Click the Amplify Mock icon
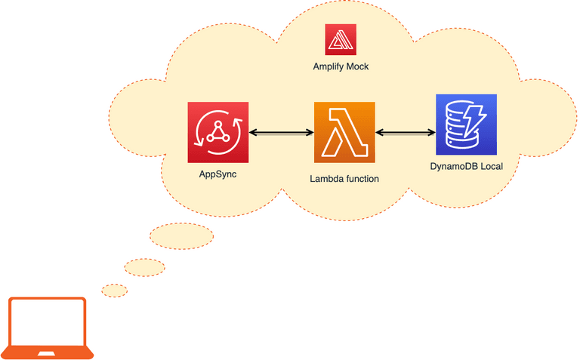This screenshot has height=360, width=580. coord(341,39)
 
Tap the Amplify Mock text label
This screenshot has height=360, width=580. coord(341,67)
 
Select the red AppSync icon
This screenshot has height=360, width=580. coord(218,132)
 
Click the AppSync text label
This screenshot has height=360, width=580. coord(218,174)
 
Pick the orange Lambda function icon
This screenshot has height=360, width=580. coord(344,132)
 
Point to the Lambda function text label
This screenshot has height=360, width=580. coord(344,180)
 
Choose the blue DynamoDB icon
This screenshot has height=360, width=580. coord(466,125)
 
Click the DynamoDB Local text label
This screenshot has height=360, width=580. coord(466,166)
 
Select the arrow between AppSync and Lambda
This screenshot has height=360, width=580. coord(281,133)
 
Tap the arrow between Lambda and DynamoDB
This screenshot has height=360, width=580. coord(406,133)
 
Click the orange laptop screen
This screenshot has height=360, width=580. coord(48,321)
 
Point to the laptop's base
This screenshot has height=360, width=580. coord(48,352)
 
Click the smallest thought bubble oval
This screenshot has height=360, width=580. coord(115,290)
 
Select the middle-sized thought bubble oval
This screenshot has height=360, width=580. coord(145,266)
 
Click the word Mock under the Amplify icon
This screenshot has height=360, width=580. coord(356,67)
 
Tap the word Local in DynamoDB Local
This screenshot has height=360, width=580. coord(491,166)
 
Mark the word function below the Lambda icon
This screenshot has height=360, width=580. coord(360,180)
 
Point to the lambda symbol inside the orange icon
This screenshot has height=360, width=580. coord(344,133)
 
